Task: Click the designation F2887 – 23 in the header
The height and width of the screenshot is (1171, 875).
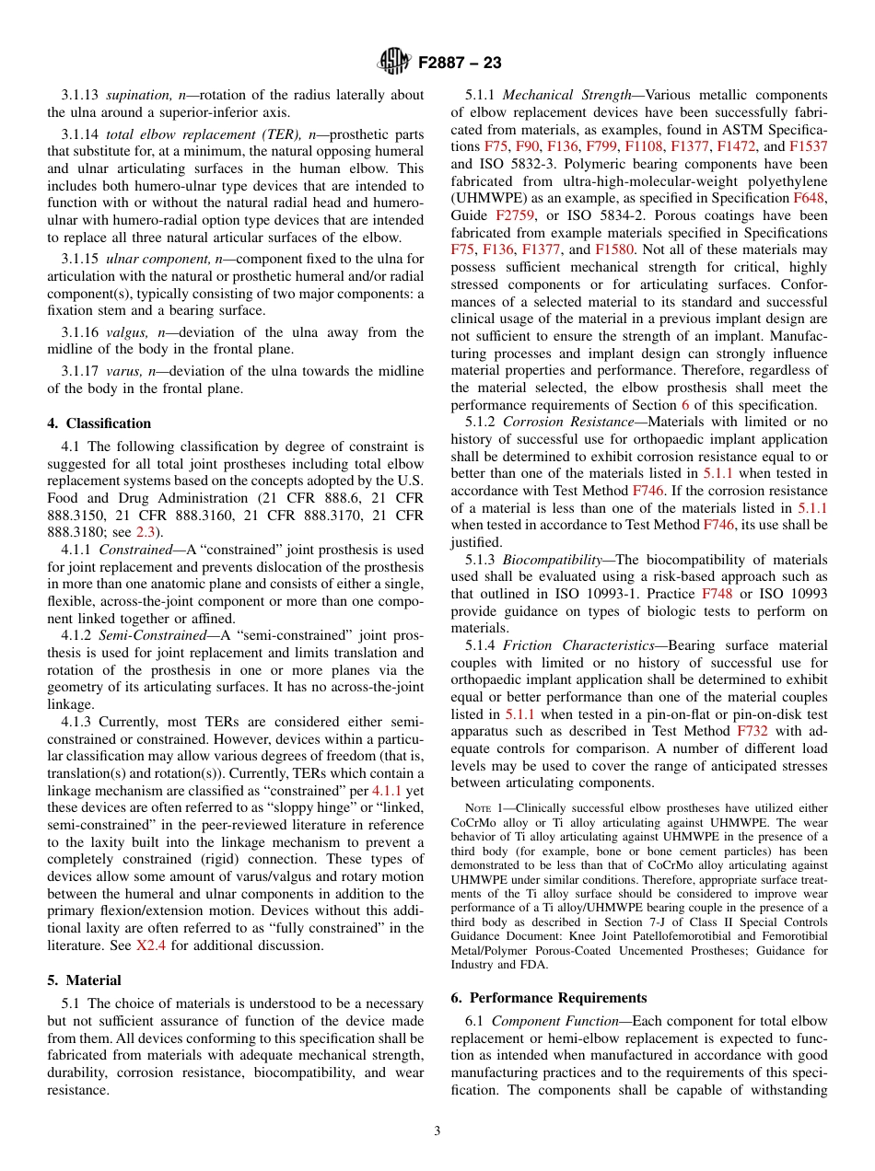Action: pyautogui.click(x=460, y=63)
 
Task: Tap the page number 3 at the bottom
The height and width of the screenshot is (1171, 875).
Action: pyautogui.click(x=437, y=1131)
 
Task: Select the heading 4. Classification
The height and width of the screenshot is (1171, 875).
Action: pyautogui.click(x=99, y=423)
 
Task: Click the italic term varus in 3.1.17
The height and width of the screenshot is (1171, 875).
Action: pyautogui.click(x=123, y=371)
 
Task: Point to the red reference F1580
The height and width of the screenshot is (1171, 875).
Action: pyautogui.click(x=613, y=249)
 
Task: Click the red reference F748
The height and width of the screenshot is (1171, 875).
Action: pyautogui.click(x=717, y=594)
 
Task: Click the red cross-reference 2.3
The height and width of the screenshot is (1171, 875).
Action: pyautogui.click(x=146, y=532)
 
